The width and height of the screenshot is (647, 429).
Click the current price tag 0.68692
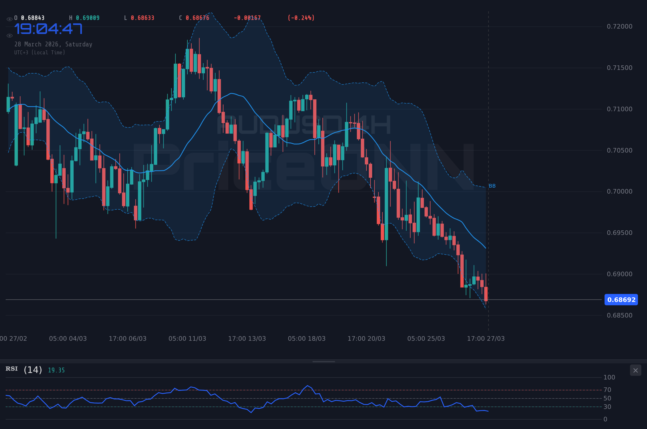[621, 300]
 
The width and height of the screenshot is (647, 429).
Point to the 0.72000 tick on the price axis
[619, 27]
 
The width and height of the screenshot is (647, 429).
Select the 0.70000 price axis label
[619, 192]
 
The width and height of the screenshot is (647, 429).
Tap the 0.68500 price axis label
[619, 316]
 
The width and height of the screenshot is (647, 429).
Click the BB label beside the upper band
[492, 186]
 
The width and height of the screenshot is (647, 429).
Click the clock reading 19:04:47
[48, 29]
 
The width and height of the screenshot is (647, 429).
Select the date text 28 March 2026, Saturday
[53, 44]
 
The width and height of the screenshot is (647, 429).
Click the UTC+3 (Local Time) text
[40, 53]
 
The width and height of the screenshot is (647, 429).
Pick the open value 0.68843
[33, 18]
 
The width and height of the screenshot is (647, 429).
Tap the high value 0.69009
[88, 18]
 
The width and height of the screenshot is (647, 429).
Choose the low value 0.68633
[142, 18]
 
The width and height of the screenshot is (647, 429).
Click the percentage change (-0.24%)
[301, 18]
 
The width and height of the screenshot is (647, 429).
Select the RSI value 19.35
[56, 370]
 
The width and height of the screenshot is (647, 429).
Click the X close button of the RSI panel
[635, 370]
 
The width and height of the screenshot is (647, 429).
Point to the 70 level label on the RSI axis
[607, 390]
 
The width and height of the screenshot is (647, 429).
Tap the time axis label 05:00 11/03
[187, 339]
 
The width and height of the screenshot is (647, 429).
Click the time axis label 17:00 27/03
[486, 339]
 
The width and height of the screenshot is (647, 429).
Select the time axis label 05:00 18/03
[307, 339]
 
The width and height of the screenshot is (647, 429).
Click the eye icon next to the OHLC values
[9, 19]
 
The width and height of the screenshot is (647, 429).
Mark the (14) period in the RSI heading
[33, 370]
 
